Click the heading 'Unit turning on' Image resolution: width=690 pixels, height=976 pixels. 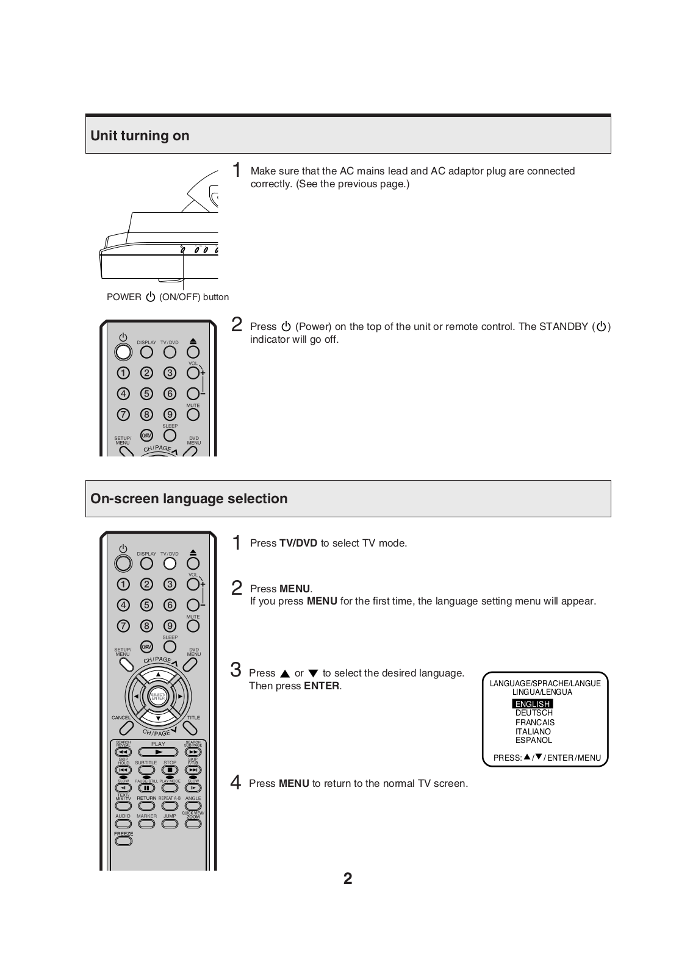pos(140,135)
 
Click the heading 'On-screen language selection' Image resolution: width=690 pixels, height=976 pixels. pos(189,498)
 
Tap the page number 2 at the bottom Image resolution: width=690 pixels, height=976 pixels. pos(348,878)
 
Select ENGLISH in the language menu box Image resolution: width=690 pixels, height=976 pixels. pos(533,704)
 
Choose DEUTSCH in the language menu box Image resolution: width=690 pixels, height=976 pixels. pos(534,713)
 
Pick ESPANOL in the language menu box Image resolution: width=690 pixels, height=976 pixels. pos(534,741)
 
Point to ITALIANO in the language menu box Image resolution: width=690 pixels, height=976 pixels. pos(533,731)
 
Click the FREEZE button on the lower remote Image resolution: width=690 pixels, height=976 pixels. pos(123,841)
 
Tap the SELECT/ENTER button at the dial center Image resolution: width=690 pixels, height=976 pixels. pos(158,697)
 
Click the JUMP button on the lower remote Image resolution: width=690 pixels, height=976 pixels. pos(170,823)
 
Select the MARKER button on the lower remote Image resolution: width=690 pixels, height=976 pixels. pos(146,823)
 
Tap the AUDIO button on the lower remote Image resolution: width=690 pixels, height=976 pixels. pos(123,823)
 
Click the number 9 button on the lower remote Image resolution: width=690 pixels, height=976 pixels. pos(170,626)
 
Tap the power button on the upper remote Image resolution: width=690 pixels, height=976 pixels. pos(123,352)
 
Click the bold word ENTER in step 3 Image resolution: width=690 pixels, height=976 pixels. pos(322,686)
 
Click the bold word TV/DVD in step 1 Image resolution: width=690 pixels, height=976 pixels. pos(298,543)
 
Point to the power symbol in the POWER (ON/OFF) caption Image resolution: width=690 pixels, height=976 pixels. pos(151,297)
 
